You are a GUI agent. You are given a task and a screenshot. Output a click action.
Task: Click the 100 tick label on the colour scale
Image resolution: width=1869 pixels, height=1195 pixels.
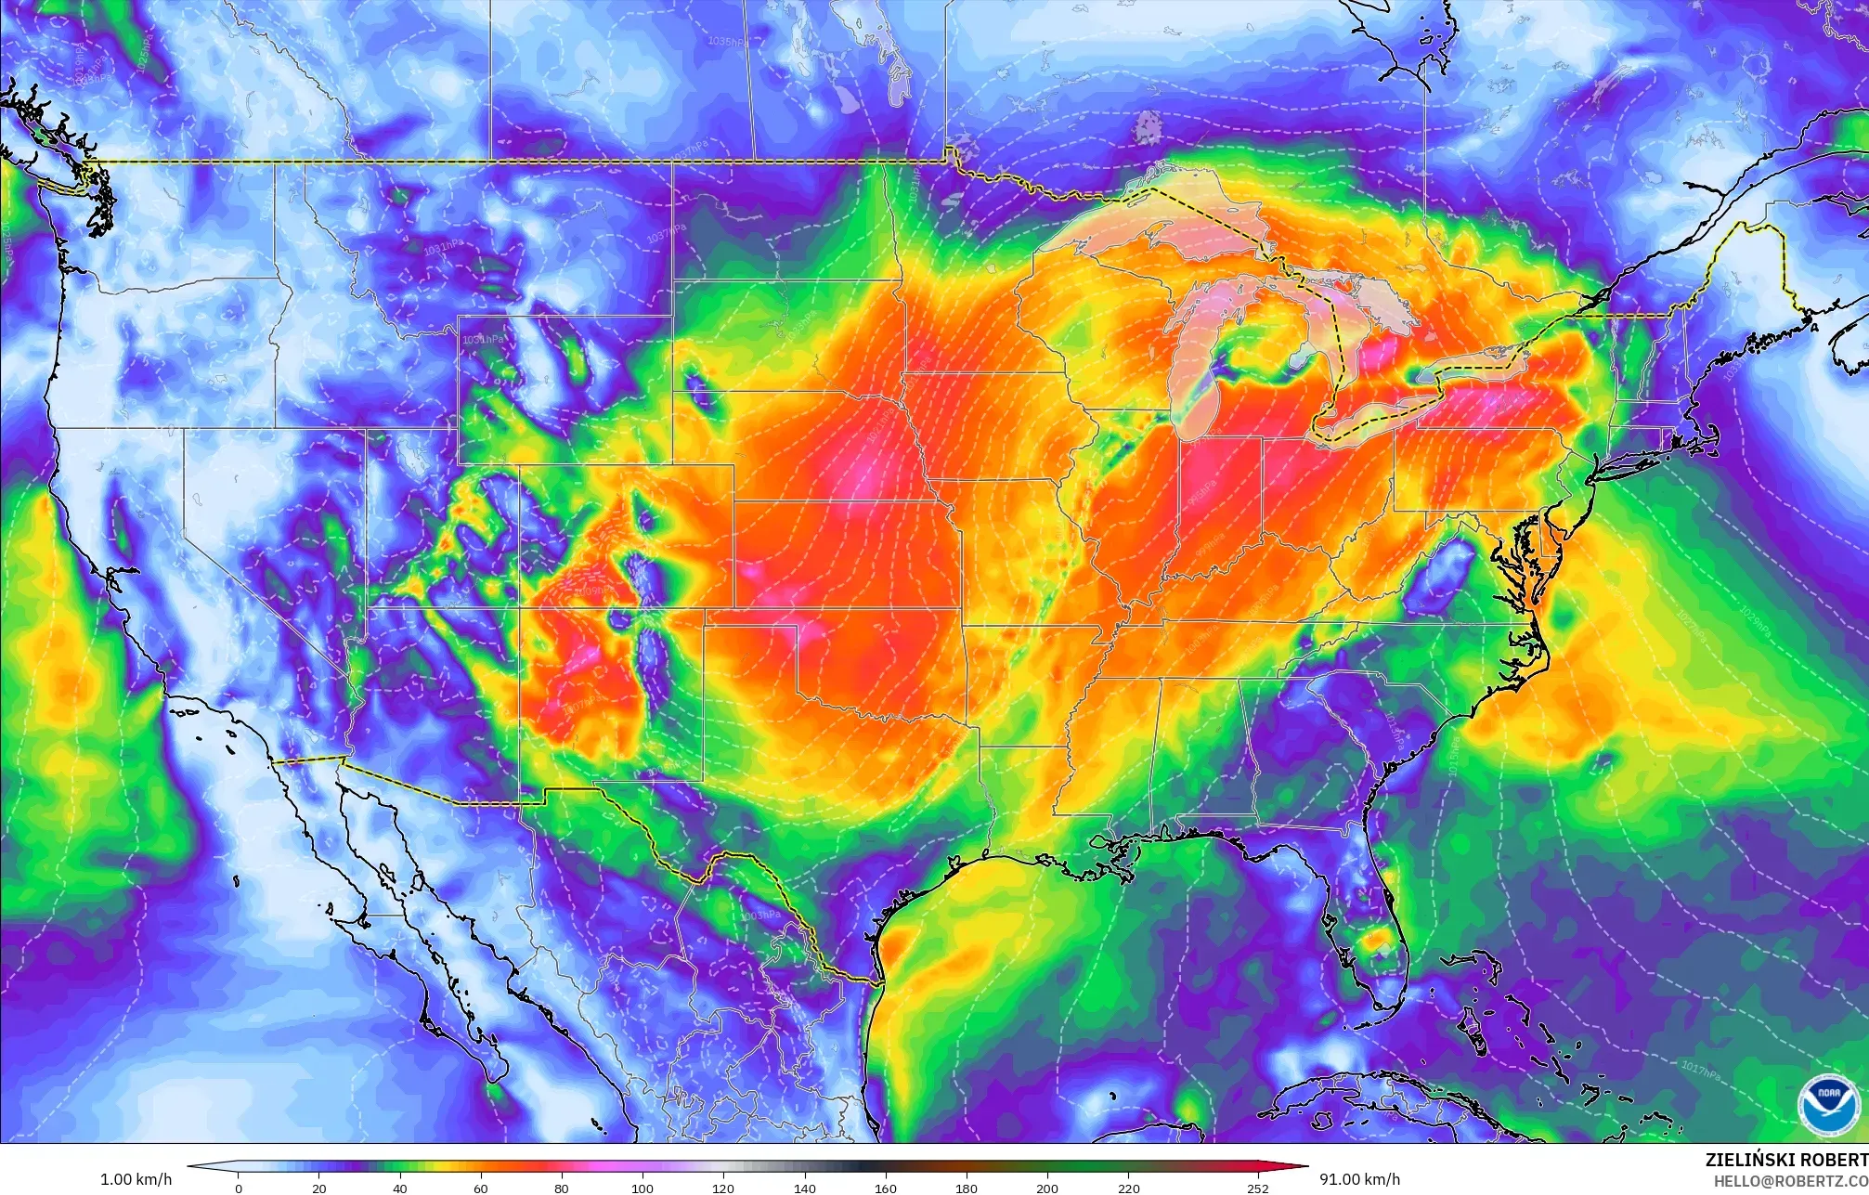(642, 1188)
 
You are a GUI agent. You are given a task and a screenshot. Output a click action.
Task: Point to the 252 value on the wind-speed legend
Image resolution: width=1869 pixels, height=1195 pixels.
(1258, 1188)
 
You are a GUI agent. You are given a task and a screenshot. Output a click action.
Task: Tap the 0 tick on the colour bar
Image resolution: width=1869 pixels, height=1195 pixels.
(239, 1188)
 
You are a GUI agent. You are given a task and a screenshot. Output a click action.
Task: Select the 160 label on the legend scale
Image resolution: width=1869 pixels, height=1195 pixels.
(886, 1188)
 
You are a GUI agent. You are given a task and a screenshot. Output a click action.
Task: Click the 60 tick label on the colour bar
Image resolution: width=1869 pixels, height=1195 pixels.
(480, 1188)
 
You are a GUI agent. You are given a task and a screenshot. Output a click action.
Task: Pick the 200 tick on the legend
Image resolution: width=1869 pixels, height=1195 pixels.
(1047, 1188)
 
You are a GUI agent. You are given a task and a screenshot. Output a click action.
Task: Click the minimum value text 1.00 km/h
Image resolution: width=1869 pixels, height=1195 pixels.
(136, 1179)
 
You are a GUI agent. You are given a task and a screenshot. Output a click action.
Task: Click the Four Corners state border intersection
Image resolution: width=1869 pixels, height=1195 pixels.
(518, 608)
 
